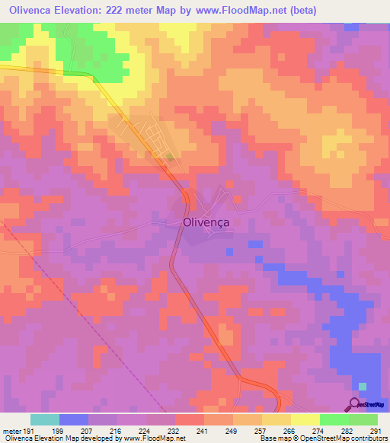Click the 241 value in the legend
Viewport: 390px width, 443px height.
tap(203, 430)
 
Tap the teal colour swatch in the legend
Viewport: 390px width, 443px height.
tap(45, 419)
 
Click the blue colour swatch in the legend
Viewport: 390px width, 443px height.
tap(74, 419)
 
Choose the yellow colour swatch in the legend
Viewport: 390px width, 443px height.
tap(305, 419)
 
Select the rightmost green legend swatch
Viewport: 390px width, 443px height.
tap(363, 419)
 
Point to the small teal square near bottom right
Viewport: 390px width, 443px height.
tap(363, 387)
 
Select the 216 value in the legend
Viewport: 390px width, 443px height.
tap(116, 430)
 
